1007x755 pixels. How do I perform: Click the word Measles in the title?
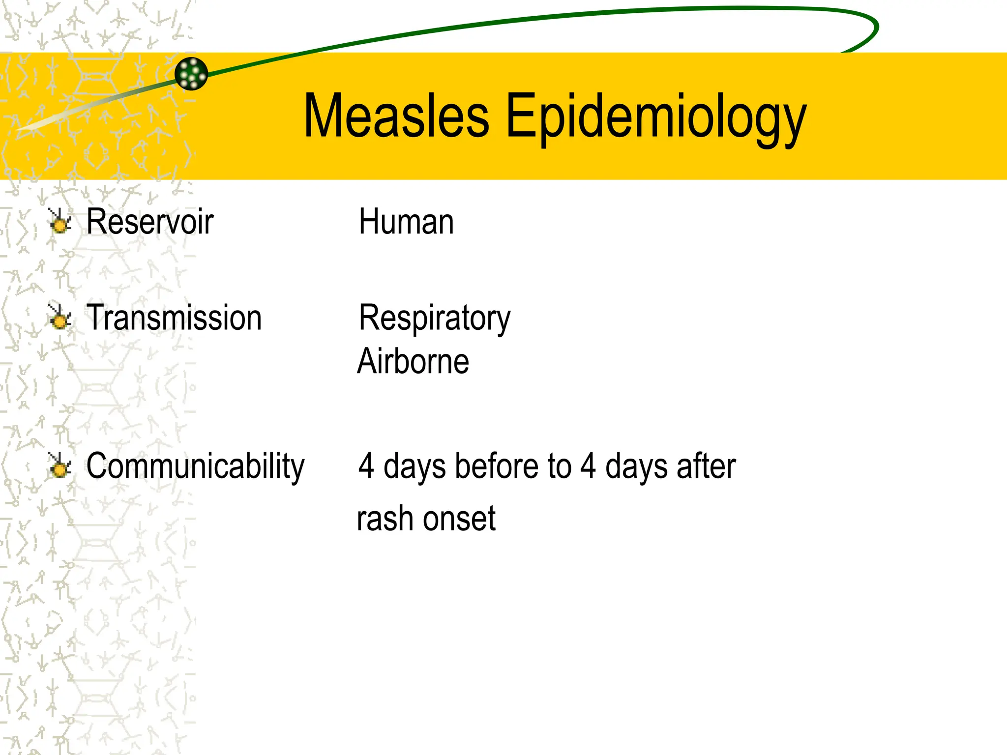396,116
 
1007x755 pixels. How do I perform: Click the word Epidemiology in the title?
656,118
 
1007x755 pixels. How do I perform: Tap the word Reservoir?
149,222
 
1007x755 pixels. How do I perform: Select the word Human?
406,222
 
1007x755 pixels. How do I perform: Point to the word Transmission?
174,318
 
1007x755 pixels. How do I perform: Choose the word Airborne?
413,362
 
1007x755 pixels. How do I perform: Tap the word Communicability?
195,466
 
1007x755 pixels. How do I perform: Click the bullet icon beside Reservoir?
60,222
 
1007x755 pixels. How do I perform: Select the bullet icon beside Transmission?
60,318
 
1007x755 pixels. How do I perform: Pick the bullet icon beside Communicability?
60,466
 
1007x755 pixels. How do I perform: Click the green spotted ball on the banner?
191,74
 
